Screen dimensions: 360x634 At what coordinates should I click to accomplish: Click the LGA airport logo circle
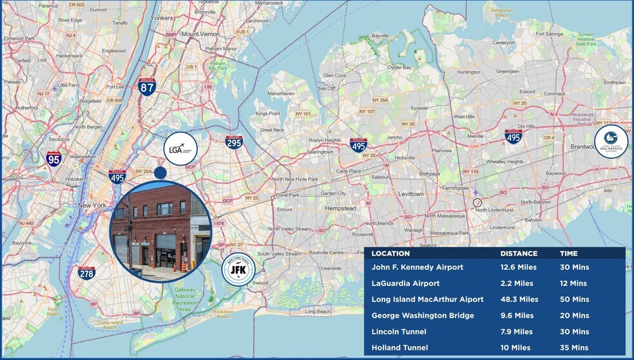(180, 149)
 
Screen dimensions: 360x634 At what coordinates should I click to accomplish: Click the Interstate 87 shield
(147, 87)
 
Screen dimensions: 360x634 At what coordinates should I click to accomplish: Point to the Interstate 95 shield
(54, 158)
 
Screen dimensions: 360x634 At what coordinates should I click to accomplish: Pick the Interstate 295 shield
(234, 142)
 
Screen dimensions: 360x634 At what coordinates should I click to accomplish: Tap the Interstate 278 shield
(86, 273)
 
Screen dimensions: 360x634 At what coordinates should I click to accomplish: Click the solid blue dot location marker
(160, 172)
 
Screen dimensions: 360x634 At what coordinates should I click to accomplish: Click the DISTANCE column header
(519, 254)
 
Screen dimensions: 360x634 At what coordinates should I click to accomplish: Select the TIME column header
(568, 254)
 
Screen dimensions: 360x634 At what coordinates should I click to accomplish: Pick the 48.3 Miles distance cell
(519, 299)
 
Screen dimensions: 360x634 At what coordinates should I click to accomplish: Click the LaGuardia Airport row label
(406, 283)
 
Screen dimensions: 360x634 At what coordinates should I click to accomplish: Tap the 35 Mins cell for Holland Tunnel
(574, 348)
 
